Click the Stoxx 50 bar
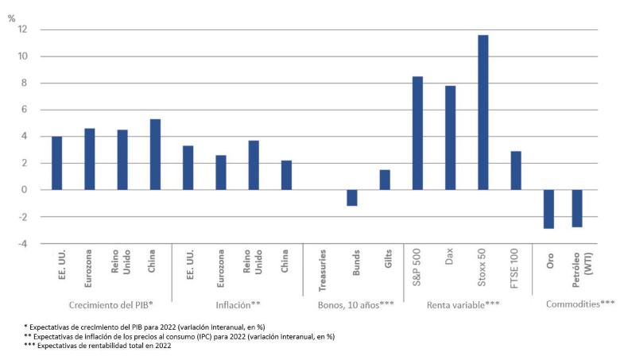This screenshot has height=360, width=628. click(483, 112)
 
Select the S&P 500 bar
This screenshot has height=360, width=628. click(417, 133)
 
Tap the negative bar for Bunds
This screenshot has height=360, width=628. click(351, 198)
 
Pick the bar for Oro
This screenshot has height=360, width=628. click(549, 209)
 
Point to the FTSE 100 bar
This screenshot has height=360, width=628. click(515, 170)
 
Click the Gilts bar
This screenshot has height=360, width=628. click(385, 180)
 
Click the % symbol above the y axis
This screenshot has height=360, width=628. click(11, 17)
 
